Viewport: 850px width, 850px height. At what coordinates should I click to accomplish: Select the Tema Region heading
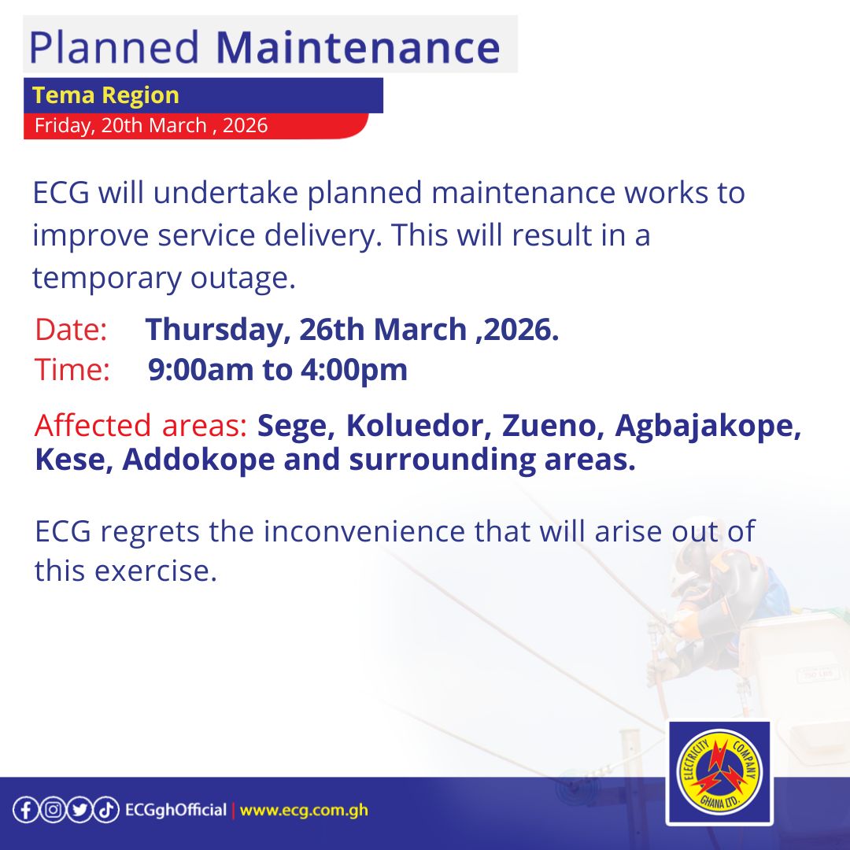coord(106,95)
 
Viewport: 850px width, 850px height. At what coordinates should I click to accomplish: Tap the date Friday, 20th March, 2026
coord(151,125)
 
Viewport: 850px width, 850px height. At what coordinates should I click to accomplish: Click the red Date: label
coord(71,330)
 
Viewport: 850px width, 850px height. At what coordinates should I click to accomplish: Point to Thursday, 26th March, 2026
coord(352,330)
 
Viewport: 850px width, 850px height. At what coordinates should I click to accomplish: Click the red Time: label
coord(72,369)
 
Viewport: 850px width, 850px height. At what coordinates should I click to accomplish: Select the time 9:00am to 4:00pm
coord(278,369)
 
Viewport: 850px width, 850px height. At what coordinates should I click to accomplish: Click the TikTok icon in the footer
coord(107,811)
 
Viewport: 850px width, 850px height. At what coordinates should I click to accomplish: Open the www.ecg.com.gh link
coord(304,811)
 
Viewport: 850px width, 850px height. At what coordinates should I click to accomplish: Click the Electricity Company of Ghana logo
coord(719,773)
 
